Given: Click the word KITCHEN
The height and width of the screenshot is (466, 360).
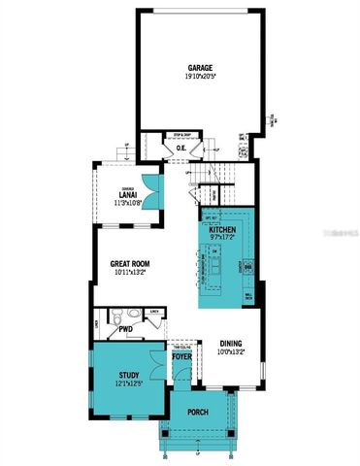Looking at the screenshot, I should coord(223,229).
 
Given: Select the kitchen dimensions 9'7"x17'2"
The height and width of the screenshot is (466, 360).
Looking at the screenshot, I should coord(223,238).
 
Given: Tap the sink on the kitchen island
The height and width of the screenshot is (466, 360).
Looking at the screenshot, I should coord(215,254).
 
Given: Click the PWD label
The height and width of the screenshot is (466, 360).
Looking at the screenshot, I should coord(126,329).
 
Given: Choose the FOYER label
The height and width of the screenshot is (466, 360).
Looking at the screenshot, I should coord(182,356).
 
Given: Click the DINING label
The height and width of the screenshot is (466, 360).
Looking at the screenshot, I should coord(230,343).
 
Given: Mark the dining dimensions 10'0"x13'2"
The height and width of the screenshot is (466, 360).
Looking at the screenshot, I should coord(230,351).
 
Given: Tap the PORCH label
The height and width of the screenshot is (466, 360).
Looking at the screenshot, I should coord(199,412).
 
